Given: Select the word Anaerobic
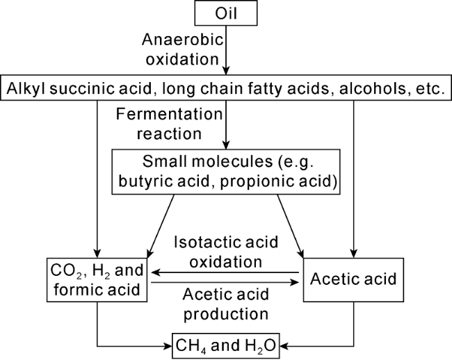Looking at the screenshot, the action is click(182, 40).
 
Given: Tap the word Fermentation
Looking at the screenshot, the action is click(169, 114).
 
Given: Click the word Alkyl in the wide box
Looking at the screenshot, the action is click(26, 88).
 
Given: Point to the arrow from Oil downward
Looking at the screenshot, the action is click(226, 50).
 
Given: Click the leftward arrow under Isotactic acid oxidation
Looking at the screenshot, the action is click(225, 272).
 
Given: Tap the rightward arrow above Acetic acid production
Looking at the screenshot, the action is click(225, 283).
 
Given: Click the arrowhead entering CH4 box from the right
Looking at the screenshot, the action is click(284, 346).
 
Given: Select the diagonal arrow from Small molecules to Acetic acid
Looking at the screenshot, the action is click(290, 227).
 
